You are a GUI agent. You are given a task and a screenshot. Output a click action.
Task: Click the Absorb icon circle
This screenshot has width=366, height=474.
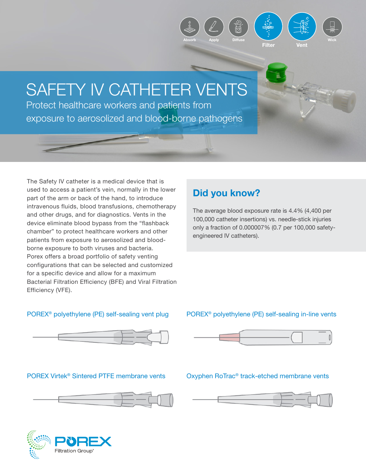click(x=189, y=27)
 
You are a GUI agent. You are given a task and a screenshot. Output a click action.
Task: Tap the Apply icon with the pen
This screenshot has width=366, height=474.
click(x=214, y=27)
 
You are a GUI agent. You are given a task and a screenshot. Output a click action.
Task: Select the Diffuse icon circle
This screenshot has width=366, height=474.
click(x=238, y=27)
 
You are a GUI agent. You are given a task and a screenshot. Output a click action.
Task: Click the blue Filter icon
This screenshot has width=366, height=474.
click(x=268, y=26)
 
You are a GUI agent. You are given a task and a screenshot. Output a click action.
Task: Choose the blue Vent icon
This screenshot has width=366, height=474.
click(x=302, y=26)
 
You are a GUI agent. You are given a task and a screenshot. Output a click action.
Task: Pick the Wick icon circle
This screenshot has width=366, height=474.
click(x=332, y=27)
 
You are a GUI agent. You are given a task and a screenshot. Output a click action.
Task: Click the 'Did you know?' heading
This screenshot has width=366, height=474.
click(x=226, y=193)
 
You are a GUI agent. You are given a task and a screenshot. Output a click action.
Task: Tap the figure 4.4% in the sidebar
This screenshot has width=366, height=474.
click(x=296, y=211)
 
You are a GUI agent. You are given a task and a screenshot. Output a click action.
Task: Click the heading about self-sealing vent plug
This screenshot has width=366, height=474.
click(x=98, y=314)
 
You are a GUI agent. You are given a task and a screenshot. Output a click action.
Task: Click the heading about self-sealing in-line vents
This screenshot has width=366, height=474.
click(x=261, y=314)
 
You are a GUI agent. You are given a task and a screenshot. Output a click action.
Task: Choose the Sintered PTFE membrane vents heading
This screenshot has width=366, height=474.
click(x=96, y=376)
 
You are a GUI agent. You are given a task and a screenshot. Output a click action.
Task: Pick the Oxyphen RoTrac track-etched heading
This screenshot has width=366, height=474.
click(x=257, y=376)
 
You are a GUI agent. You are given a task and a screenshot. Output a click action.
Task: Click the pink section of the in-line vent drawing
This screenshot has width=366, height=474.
click(x=229, y=337)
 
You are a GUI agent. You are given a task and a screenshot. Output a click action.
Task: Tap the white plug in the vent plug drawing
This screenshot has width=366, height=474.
click(x=155, y=337)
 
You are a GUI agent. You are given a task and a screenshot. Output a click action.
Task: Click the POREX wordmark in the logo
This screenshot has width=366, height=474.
click(x=83, y=442)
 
